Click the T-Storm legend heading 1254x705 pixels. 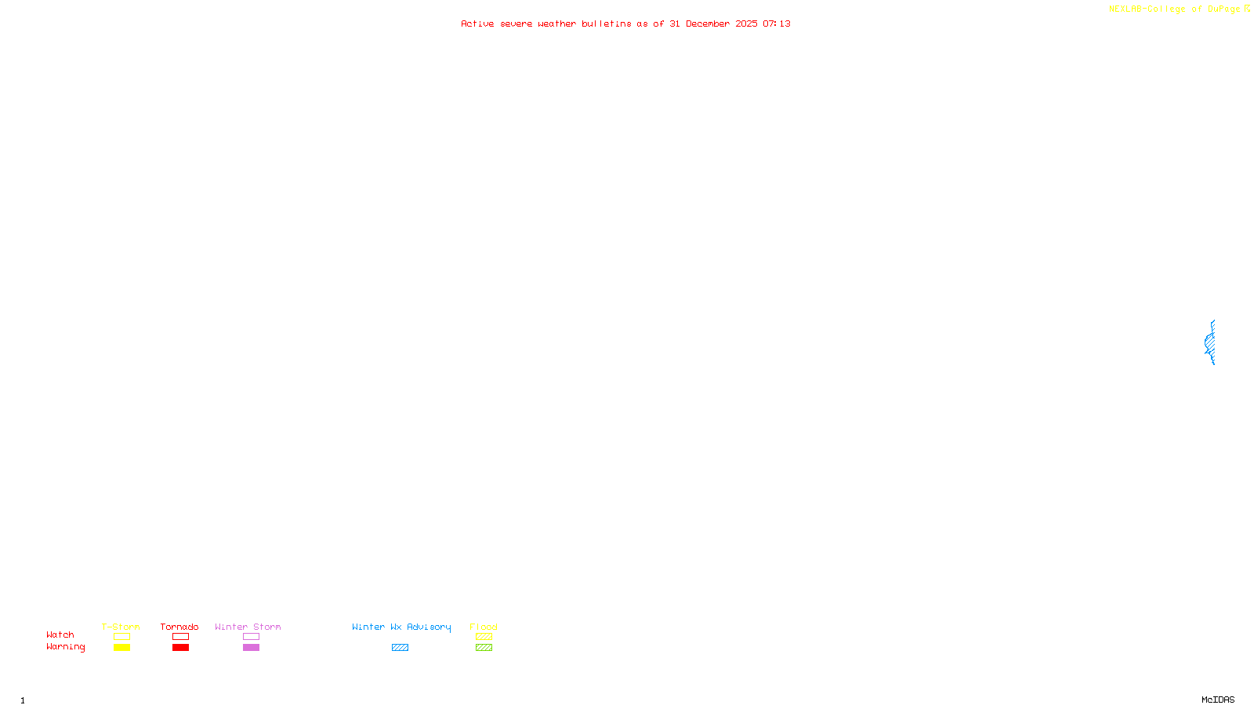point(121,627)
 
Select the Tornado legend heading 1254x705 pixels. point(179,627)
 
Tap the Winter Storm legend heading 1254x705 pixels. point(248,627)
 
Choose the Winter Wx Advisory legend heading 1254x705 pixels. point(401,627)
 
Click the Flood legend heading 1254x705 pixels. point(484,627)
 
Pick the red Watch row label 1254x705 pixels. point(60,634)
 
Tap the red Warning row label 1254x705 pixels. point(66,647)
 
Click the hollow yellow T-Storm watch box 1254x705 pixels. point(121,637)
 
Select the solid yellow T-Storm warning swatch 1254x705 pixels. point(121,648)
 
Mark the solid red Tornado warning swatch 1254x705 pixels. point(180,648)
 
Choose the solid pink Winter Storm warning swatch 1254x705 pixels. point(251,648)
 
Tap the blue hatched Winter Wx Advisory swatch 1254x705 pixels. point(400,648)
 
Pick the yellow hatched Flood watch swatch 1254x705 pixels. point(484,637)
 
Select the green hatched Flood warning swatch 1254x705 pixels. point(484,648)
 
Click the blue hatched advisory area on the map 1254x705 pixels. point(1210,342)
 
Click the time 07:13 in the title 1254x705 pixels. point(777,23)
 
